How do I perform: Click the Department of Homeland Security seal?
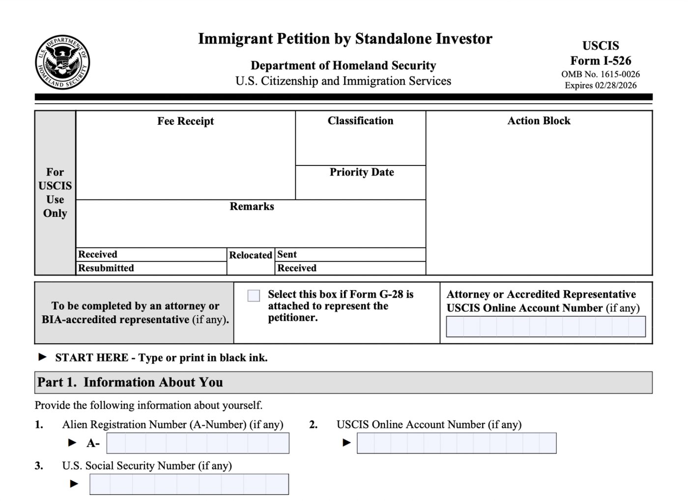[62, 62]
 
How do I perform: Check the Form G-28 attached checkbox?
[254, 295]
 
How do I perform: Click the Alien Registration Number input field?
[198, 443]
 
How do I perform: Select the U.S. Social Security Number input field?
[189, 484]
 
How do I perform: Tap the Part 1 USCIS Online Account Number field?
[457, 443]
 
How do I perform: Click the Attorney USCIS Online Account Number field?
[545, 327]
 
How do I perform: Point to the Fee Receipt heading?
[185, 121]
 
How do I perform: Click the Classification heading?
[360, 121]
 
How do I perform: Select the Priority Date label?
[362, 172]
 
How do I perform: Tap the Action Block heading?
[539, 121]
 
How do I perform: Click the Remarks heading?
[252, 207]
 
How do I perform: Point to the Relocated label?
[251, 255]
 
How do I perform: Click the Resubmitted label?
[106, 268]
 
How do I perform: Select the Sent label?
[287, 254]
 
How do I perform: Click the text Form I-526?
[601, 61]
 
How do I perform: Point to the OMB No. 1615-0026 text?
[601, 74]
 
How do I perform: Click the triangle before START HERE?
[43, 357]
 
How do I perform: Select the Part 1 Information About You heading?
[130, 383]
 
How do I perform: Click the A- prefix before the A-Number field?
[93, 444]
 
